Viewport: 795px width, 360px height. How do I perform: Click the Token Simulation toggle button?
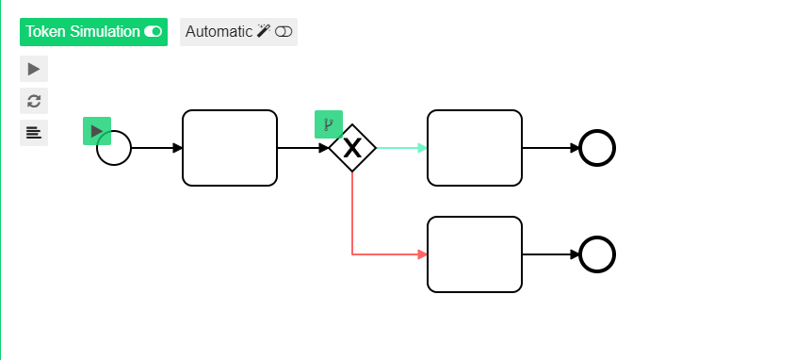point(93,32)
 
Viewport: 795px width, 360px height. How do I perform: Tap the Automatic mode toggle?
point(238,32)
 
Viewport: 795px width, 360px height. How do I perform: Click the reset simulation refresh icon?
point(34,101)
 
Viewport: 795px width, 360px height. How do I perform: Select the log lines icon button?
point(34,132)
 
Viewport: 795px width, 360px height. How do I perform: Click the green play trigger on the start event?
point(97,131)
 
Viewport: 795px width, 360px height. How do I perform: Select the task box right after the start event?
point(230,148)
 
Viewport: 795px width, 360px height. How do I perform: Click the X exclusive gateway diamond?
point(352,148)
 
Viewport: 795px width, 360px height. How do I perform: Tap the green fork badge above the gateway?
point(328,123)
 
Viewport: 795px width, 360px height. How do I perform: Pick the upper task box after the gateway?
point(475,148)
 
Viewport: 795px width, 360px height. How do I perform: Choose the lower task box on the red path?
point(475,254)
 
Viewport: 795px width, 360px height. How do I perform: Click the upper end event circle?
point(597,148)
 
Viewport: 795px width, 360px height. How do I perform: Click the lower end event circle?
point(597,254)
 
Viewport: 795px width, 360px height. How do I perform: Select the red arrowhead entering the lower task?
point(422,254)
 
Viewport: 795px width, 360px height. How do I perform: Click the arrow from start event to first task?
point(156,148)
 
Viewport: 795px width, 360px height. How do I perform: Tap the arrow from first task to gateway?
point(302,148)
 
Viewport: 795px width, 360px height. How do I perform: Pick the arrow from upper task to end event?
point(551,148)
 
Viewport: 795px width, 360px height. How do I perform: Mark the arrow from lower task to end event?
point(551,254)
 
